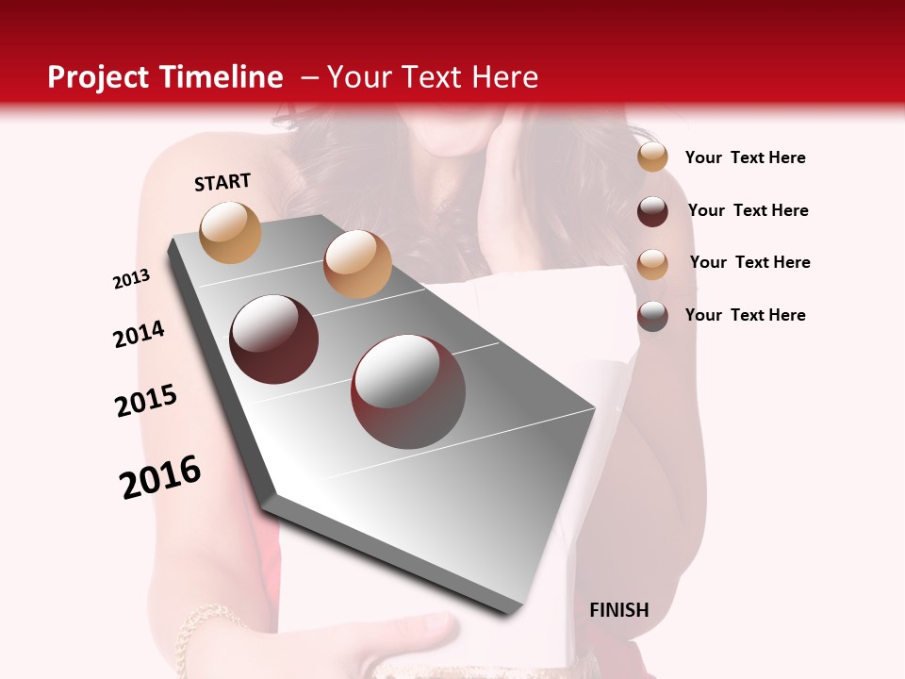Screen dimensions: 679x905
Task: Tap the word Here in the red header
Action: (504, 77)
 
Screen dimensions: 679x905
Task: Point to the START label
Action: (222, 182)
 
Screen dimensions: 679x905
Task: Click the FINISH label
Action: (618, 610)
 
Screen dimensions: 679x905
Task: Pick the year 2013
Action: (132, 279)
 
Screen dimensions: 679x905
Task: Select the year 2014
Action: (140, 334)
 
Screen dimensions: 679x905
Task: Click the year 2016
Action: (160, 477)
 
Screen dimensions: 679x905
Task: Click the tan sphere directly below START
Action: (231, 232)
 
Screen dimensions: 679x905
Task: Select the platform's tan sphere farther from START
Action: (357, 264)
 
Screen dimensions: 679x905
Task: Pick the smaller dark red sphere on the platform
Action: (274, 339)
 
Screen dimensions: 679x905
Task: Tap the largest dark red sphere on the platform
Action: (408, 391)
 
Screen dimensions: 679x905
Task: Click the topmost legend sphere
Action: (652, 157)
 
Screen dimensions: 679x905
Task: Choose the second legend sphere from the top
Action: (652, 211)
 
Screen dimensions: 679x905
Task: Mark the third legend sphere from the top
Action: (652, 264)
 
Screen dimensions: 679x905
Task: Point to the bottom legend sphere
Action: (652, 316)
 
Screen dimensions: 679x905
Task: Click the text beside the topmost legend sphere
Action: (745, 157)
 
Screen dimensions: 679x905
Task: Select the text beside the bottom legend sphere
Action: (745, 315)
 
